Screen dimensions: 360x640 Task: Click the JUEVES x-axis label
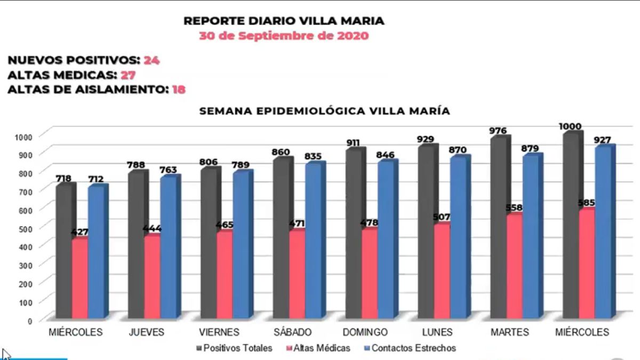[146, 332]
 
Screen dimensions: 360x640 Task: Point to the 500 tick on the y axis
[26, 228]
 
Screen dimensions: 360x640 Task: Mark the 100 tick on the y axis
[26, 302]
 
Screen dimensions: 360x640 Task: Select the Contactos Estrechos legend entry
[413, 348]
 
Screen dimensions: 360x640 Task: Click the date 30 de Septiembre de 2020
[283, 37]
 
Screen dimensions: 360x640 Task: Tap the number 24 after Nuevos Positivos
[151, 60]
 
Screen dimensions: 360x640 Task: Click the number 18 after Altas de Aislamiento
[179, 90]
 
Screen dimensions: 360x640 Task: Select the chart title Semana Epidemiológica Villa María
[324, 111]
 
